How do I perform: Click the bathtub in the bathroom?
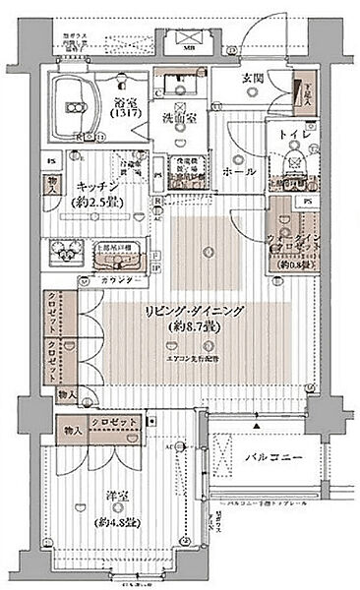pyautogui.click(x=71, y=100)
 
